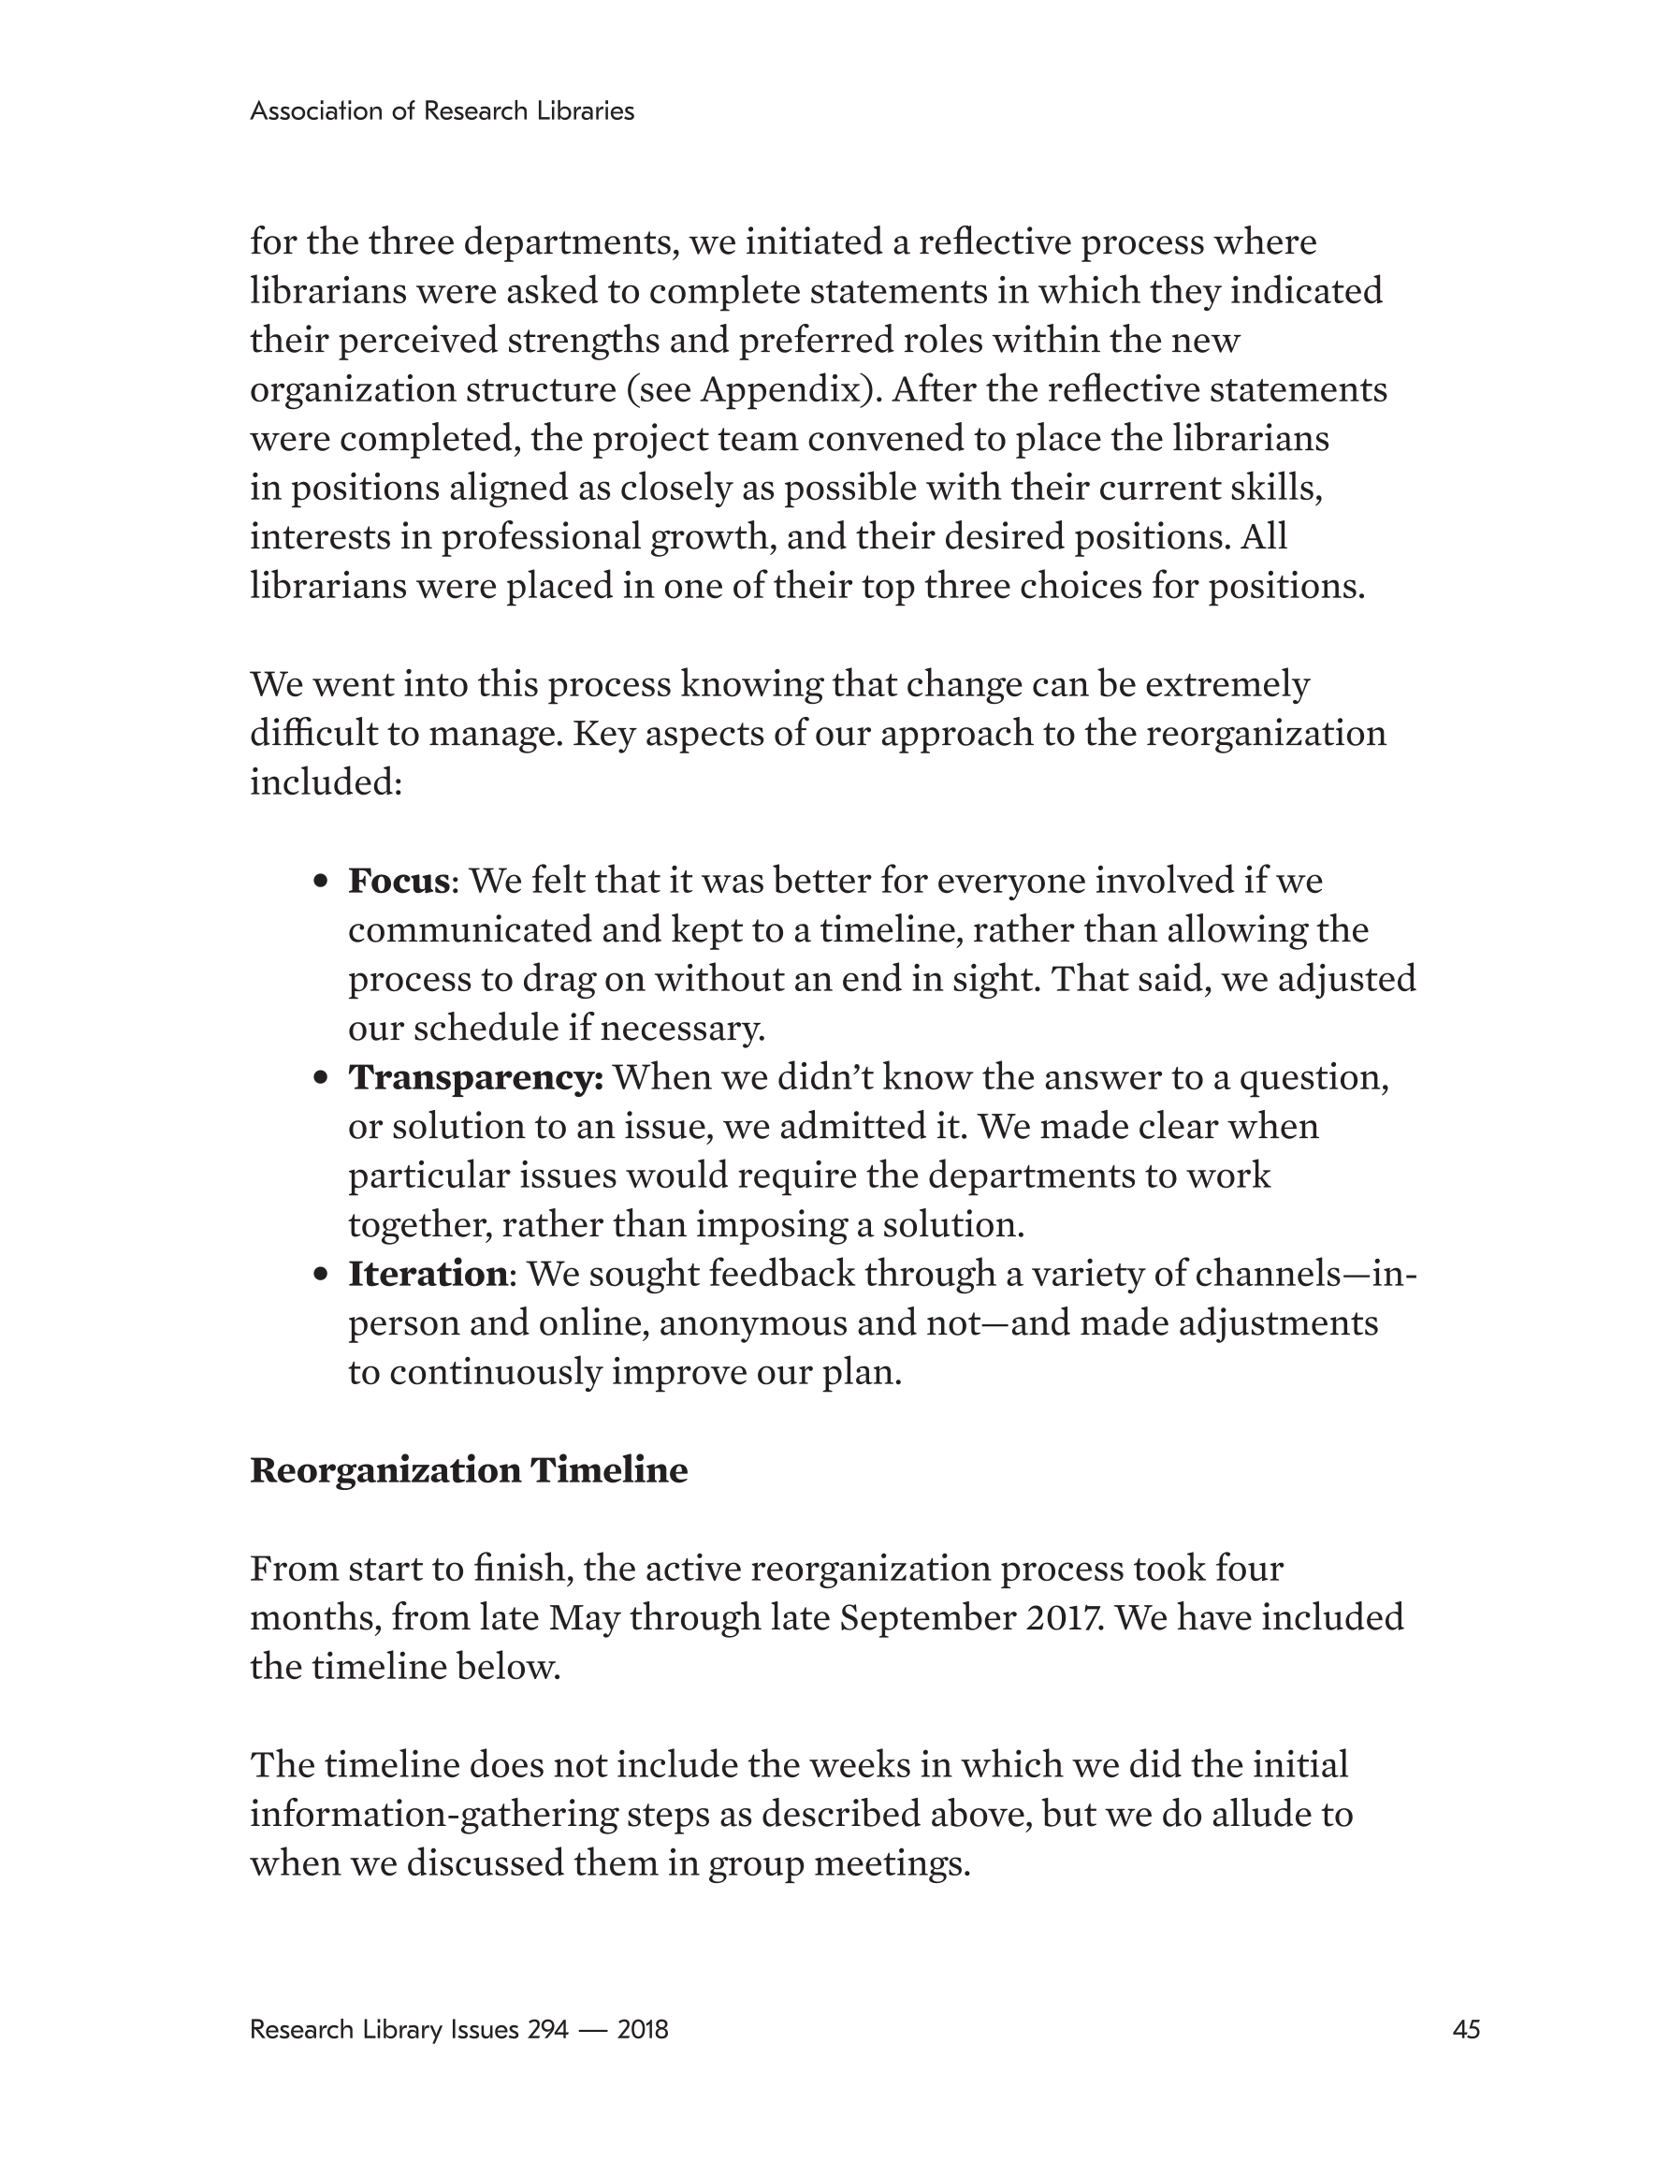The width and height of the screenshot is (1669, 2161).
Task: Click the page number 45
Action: coord(1465,2029)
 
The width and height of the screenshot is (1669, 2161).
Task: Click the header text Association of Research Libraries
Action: coord(442,110)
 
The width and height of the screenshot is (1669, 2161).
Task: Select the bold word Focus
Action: coord(399,881)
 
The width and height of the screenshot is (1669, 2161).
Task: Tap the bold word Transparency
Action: coord(474,1077)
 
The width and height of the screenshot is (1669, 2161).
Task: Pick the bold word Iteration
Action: coord(428,1274)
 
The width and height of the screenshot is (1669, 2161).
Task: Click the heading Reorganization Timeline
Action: coord(468,1470)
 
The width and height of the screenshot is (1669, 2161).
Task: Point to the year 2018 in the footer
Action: coord(642,2029)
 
